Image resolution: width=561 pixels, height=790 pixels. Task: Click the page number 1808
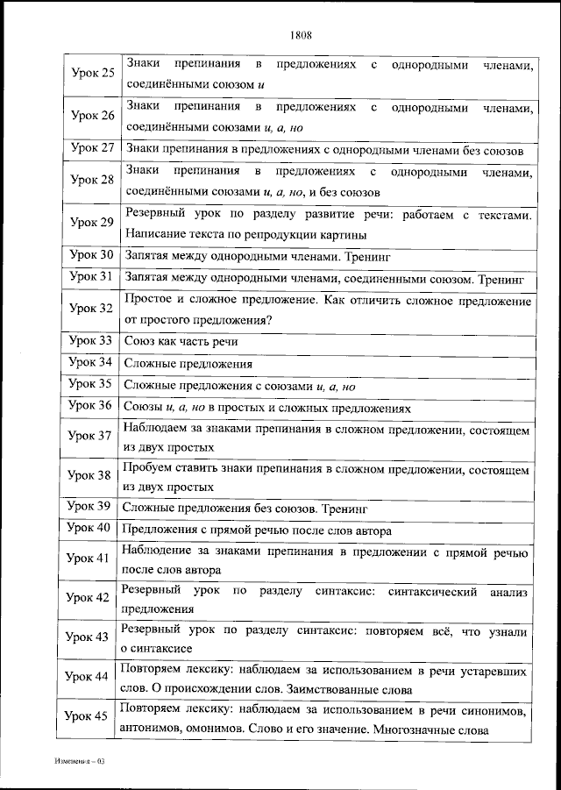point(301,36)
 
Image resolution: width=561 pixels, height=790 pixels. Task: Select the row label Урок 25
point(92,73)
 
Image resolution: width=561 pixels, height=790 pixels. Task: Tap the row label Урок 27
point(92,147)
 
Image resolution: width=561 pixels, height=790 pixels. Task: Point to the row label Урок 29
point(92,223)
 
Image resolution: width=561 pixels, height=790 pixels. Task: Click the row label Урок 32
point(92,309)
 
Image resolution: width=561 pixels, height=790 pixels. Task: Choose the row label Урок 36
point(92,406)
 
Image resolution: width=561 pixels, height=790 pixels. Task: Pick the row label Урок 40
point(92,528)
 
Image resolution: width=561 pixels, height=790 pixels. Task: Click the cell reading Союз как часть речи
point(181,341)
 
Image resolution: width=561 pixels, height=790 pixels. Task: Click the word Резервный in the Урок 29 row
point(156,213)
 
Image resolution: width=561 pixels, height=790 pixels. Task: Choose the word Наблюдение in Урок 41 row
point(159,551)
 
